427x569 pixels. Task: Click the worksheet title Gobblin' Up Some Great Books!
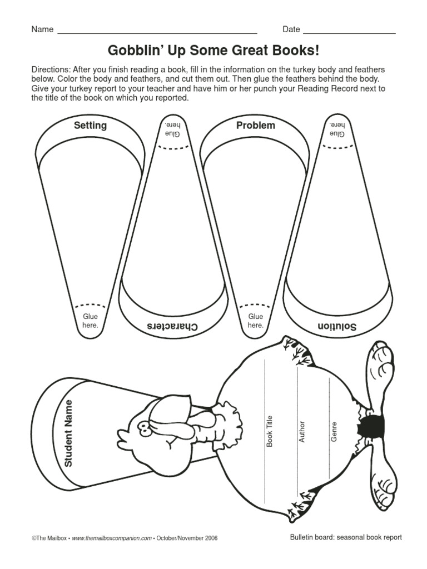pos(213,51)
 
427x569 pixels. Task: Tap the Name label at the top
pos(42,29)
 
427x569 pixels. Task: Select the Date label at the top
pos(291,29)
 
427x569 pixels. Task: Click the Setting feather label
pos(90,126)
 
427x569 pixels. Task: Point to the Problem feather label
pos(256,126)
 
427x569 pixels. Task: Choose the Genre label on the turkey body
pos(334,432)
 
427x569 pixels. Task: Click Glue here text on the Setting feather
pos(90,321)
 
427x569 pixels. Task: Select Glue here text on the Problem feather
pos(256,321)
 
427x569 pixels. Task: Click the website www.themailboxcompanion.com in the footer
pos(112,538)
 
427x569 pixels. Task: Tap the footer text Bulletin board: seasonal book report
pos(346,537)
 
